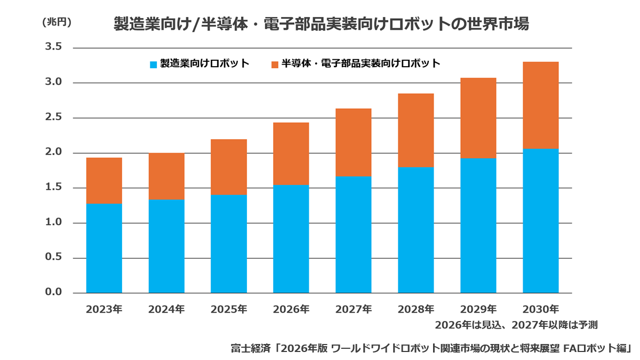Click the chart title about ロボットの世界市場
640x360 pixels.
tap(321, 23)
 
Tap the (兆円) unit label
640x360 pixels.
tap(57, 22)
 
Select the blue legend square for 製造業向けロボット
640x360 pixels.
tap(154, 65)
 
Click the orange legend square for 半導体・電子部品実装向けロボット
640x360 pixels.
tap(275, 65)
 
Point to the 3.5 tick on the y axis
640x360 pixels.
tap(53, 46)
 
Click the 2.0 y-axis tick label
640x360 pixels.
tap(53, 151)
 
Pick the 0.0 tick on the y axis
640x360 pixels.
tap(53, 292)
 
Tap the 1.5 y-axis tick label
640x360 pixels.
tap(53, 187)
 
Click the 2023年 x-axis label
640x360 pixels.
tap(104, 309)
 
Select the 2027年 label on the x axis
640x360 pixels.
tap(354, 309)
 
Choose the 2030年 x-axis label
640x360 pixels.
tap(541, 309)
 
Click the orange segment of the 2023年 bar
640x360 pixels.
tap(105, 181)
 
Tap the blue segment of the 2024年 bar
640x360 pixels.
tap(166, 246)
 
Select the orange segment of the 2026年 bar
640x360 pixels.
tap(291, 154)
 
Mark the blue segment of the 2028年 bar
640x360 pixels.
tap(416, 230)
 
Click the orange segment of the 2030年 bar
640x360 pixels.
tap(541, 105)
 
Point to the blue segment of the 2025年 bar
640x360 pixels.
tap(229, 244)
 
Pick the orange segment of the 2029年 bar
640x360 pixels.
tap(478, 118)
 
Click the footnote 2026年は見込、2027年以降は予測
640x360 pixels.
tap(516, 325)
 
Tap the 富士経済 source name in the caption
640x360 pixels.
tap(251, 348)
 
